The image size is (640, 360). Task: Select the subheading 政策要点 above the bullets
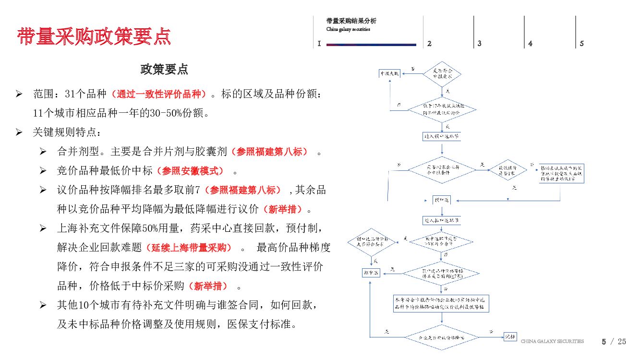click(164, 70)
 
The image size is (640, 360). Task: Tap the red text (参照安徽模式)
click(193, 171)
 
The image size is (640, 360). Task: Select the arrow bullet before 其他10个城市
click(43, 305)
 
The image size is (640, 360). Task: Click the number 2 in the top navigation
click(429, 44)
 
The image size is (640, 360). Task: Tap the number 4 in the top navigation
click(530, 44)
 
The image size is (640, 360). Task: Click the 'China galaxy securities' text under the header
click(348, 29)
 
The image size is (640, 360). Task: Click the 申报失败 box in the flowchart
click(389, 74)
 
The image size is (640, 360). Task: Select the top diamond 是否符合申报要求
click(442, 74)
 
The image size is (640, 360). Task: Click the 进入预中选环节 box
click(442, 136)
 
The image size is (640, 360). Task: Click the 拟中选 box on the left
click(370, 273)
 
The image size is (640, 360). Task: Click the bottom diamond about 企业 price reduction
click(442, 337)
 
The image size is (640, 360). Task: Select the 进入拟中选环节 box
click(442, 221)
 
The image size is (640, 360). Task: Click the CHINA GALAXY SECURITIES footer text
click(552, 341)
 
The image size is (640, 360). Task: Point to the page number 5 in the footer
click(604, 342)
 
